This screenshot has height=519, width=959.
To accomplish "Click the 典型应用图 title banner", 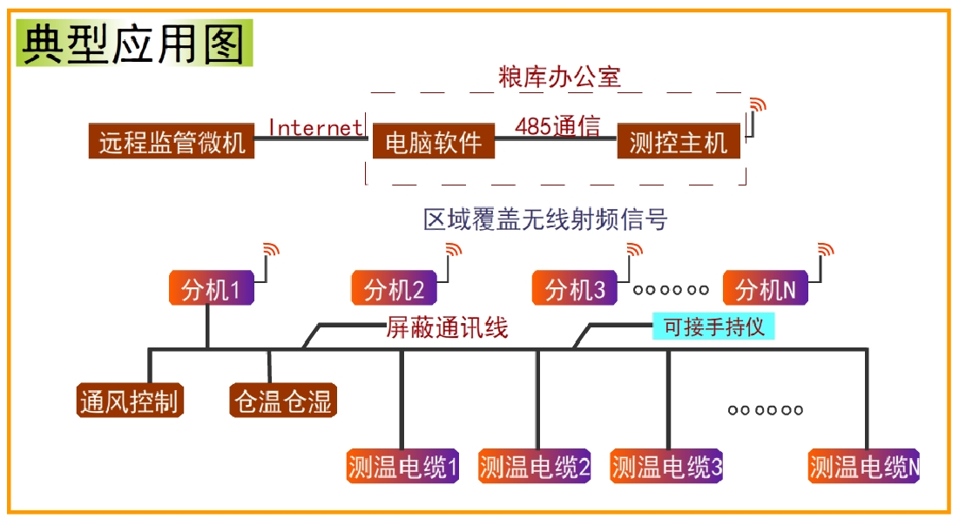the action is tap(134, 43).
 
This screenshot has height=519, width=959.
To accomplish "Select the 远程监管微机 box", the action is tap(172, 141).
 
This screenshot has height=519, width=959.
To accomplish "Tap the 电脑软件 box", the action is tap(433, 141).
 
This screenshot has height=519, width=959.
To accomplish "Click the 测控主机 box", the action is tap(679, 141).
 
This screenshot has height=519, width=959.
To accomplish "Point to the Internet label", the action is tap(315, 127).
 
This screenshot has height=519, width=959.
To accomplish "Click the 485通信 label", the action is tap(557, 126).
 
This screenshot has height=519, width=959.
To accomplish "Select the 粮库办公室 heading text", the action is tap(559, 77).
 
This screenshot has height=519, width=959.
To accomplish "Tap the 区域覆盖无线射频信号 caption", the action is tap(545, 219).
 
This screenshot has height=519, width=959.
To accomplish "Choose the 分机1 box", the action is tap(211, 288).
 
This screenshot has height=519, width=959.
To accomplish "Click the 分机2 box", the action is tap(394, 288).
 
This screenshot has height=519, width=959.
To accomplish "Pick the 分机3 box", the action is tap(574, 288).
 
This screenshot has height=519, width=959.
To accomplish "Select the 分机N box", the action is tap(765, 288).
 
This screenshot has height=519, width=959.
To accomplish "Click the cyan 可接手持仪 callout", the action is tap(713, 327).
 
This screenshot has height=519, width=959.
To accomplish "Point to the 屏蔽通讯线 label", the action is tap(447, 328).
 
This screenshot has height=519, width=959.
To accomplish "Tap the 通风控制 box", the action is tap(130, 401).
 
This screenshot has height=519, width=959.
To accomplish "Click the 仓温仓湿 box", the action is tap(283, 401).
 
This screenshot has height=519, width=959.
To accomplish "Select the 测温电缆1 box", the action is tap(402, 467).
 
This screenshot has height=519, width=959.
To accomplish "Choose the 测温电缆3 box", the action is tap(666, 467).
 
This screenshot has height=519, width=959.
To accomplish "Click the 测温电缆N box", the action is tap(863, 467).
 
